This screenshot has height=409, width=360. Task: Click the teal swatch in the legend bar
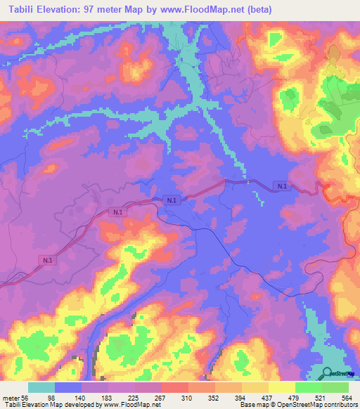(x=41, y=387)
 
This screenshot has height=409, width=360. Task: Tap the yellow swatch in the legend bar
(x=281, y=387)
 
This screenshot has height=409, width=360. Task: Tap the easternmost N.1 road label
(x=282, y=186)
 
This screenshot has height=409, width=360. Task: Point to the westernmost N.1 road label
(x=47, y=260)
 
